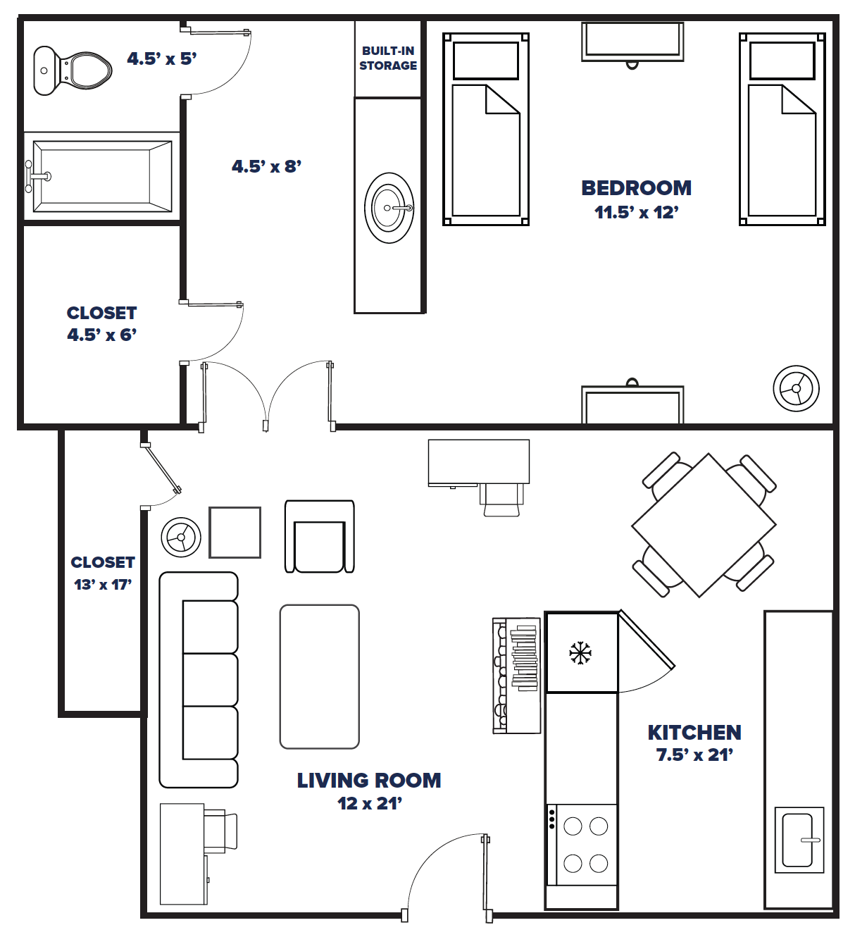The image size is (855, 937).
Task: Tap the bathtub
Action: click(102, 176)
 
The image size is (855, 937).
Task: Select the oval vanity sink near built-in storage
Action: click(389, 208)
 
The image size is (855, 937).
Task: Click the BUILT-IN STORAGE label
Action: click(388, 58)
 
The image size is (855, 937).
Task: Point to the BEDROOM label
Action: click(636, 188)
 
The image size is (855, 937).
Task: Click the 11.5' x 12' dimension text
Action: click(636, 212)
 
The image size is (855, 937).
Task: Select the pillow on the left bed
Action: click(485, 61)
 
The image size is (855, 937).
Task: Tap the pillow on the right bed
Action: click(782, 61)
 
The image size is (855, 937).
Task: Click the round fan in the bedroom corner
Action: click(796, 388)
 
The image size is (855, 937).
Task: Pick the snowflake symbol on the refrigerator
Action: click(580, 653)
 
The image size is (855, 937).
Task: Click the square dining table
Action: click(704, 526)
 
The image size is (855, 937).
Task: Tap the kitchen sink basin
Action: click(798, 840)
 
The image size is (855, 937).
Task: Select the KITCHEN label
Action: click(694, 733)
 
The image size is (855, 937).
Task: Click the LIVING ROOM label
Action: click(368, 781)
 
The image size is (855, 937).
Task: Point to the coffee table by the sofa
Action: click(319, 676)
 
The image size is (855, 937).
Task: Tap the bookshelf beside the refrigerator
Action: click(516, 676)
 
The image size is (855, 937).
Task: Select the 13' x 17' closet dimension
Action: click(103, 584)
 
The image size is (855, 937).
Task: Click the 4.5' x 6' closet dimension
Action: click(101, 335)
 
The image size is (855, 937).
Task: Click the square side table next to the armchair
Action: click(235, 533)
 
